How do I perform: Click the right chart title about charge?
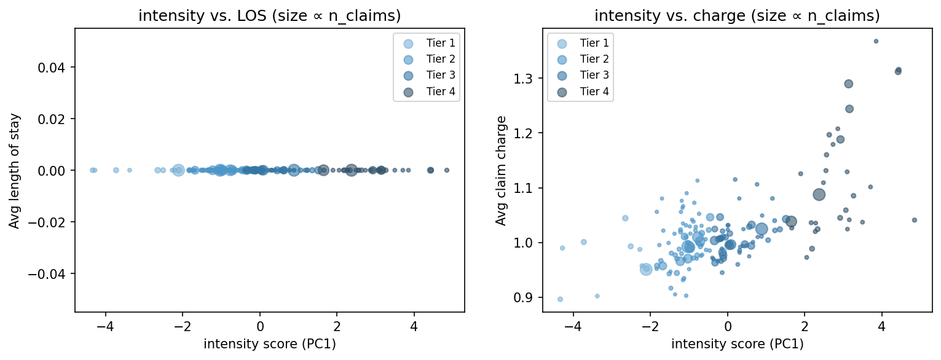tap(737, 17)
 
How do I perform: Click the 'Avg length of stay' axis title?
tap(14, 170)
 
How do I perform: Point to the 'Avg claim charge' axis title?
tap(502, 170)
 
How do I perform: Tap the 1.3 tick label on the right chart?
tap(524, 79)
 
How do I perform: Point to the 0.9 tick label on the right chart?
tap(524, 298)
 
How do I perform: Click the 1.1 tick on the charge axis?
tap(524, 188)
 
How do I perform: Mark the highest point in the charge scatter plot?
tap(876, 41)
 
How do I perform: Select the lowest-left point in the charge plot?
tap(560, 299)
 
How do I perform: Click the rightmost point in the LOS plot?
tap(447, 170)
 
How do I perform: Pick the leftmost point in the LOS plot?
tap(92, 170)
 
